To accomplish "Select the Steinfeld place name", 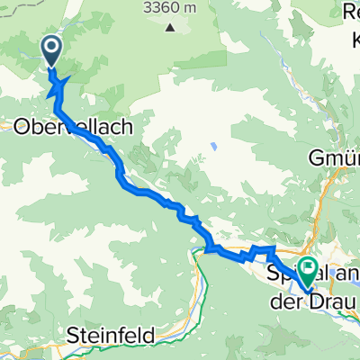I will pos(111,336).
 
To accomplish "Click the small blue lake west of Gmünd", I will pos(213,144).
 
